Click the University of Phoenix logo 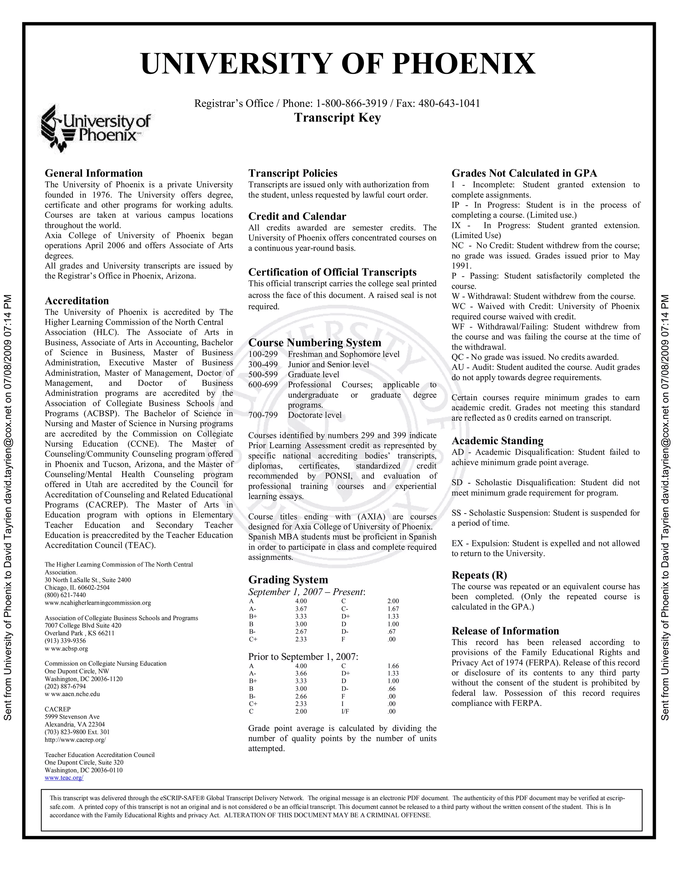96,128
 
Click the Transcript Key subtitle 337,118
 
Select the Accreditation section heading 76,300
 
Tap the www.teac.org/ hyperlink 64,777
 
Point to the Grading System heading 288,579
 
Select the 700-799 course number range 263,415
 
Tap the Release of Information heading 505,631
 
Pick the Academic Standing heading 497,440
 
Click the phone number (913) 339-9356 65,641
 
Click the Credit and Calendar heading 297,216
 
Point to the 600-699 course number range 263,384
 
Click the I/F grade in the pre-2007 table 345,711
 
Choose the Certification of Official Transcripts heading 332,272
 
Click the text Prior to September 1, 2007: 303,657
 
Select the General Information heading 94,173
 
